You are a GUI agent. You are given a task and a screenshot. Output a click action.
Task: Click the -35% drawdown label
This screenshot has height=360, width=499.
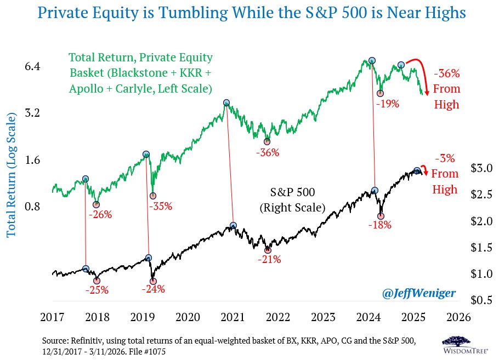pos(161,207)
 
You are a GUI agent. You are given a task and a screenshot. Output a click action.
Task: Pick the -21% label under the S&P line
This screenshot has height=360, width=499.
pos(269,259)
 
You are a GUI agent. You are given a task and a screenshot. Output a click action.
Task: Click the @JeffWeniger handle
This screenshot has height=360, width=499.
pos(419,293)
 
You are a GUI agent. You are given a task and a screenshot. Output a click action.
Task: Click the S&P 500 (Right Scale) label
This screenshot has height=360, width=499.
pos(292,200)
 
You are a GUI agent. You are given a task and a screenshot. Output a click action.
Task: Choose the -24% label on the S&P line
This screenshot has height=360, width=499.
pos(152,289)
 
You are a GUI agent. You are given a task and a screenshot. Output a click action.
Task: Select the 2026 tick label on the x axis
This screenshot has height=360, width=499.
pos(459,317)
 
